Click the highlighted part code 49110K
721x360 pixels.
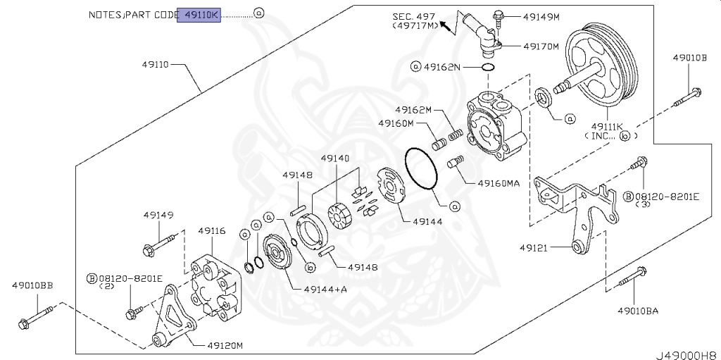click(199, 14)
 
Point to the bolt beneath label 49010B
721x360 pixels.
click(687, 97)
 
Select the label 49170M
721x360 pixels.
click(541, 46)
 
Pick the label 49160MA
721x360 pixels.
click(498, 183)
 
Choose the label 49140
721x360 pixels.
click(334, 159)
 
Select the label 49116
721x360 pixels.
click(211, 230)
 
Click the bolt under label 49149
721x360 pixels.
click(159, 246)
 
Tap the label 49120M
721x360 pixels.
click(225, 345)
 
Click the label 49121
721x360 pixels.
click(534, 248)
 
